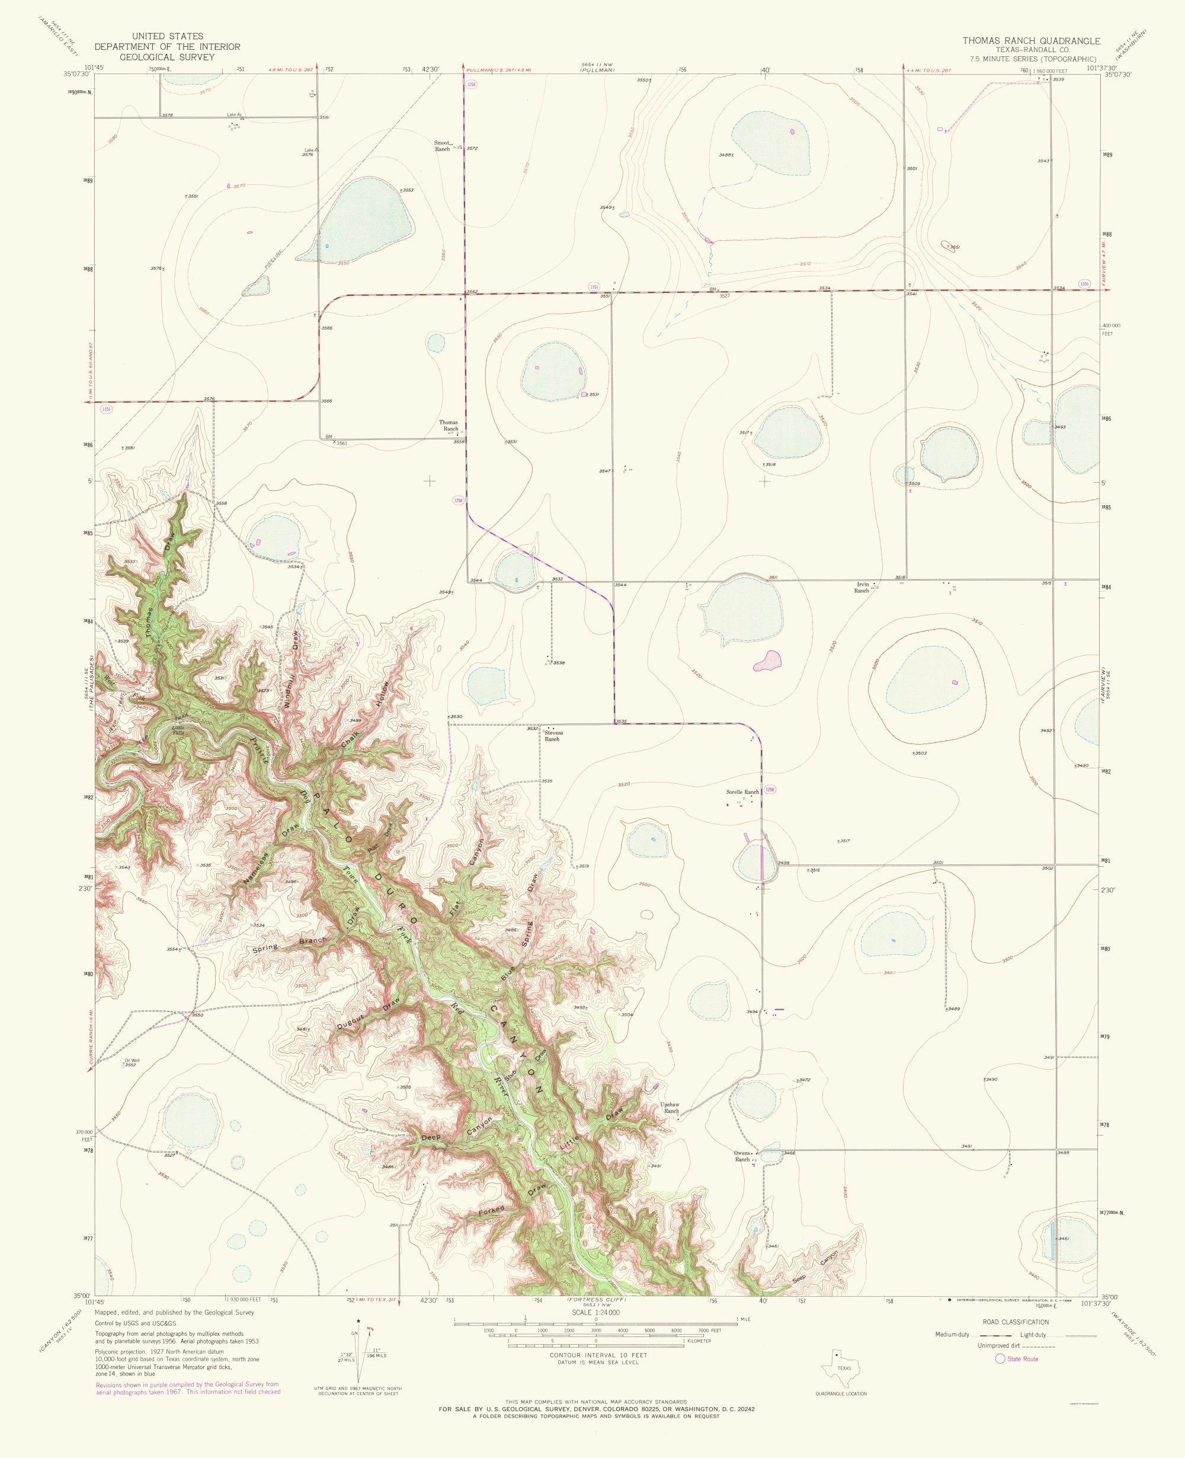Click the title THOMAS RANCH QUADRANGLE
(1031, 41)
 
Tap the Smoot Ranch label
(443, 145)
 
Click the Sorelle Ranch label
(742, 792)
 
